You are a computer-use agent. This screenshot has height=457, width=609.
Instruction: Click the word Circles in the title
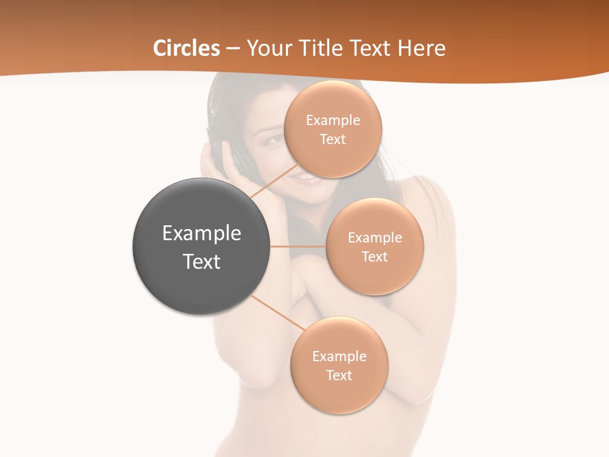[187, 48]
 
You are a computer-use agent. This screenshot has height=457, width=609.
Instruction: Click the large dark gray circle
[202, 247]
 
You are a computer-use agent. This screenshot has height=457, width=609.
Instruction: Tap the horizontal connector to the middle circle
[298, 246]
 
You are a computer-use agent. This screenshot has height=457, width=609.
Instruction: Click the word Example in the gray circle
[202, 234]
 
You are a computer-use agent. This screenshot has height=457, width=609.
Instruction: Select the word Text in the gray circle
[202, 262]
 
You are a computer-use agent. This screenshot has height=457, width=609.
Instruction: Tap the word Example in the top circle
[332, 121]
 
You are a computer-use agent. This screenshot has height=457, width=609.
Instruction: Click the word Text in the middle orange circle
[374, 257]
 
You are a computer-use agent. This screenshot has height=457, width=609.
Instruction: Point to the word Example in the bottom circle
[339, 357]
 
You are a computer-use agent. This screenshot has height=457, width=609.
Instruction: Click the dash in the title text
[232, 48]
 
